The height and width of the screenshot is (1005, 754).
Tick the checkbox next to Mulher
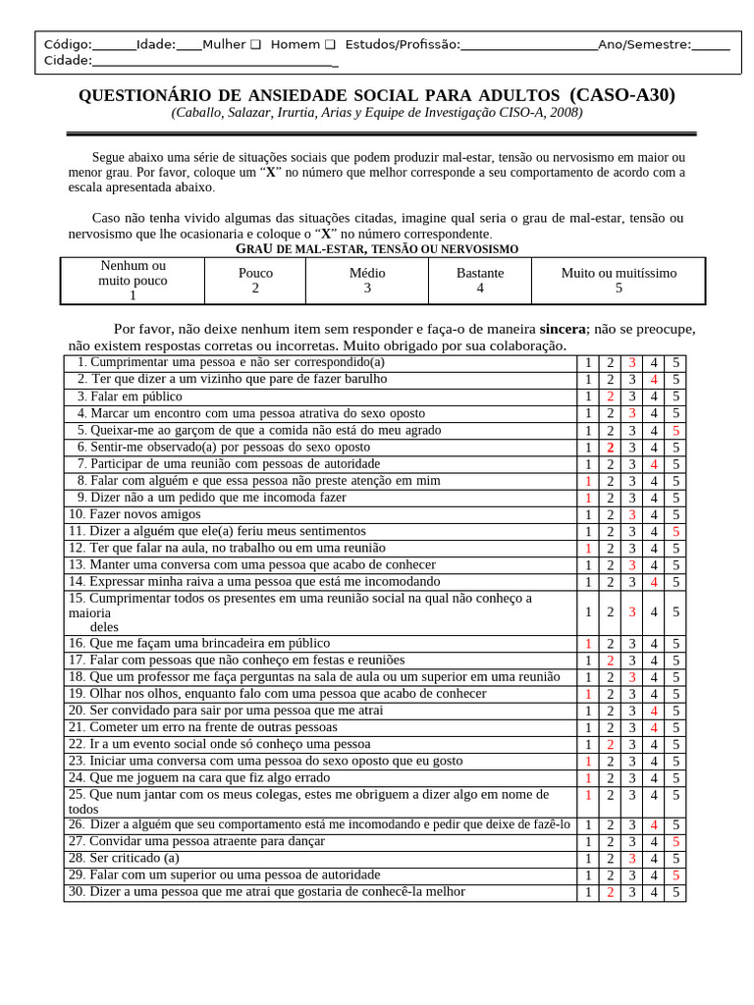[x=255, y=44]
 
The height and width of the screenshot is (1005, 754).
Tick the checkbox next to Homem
[x=330, y=44]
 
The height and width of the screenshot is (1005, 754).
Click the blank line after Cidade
[x=215, y=61]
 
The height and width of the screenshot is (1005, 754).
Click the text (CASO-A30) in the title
[x=622, y=95]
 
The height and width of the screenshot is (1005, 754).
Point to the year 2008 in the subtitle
[x=563, y=113]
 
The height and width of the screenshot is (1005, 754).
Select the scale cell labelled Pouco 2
[x=255, y=281]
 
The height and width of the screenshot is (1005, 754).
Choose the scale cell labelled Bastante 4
[x=480, y=281]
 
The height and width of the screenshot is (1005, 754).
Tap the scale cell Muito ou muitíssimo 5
[x=619, y=281]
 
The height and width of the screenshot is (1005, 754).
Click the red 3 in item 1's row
[x=632, y=363]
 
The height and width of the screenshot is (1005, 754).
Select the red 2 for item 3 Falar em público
[x=610, y=397]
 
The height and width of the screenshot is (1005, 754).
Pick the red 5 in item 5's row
[x=675, y=431]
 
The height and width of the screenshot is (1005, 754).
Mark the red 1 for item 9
[x=588, y=498]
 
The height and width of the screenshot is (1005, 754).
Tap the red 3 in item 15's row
[x=632, y=612]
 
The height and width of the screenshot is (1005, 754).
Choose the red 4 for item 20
[x=654, y=711]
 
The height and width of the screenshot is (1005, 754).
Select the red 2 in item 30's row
[x=610, y=892]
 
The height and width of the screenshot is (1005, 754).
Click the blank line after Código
[x=114, y=44]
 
